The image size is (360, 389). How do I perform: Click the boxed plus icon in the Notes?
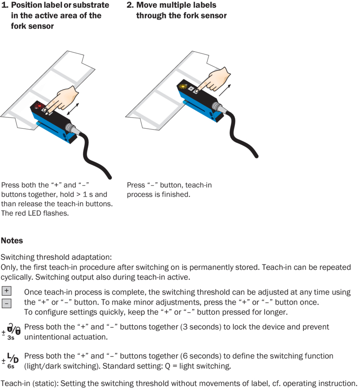coord(6,291)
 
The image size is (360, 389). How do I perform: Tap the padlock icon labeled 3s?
coord(13,330)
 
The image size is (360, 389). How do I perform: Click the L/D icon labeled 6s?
coord(13,358)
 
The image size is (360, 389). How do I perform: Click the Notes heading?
coord(12,240)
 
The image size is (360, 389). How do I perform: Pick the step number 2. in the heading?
coord(130,5)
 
